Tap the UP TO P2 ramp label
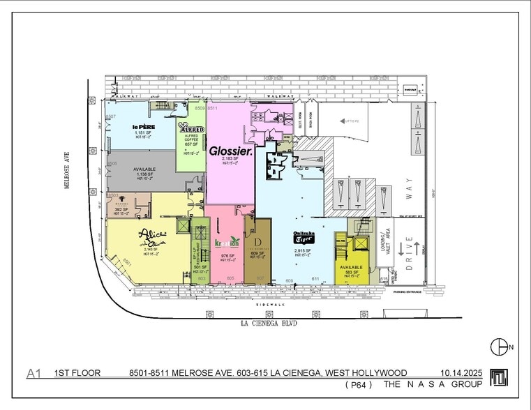pyautogui.click(x=350, y=121)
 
